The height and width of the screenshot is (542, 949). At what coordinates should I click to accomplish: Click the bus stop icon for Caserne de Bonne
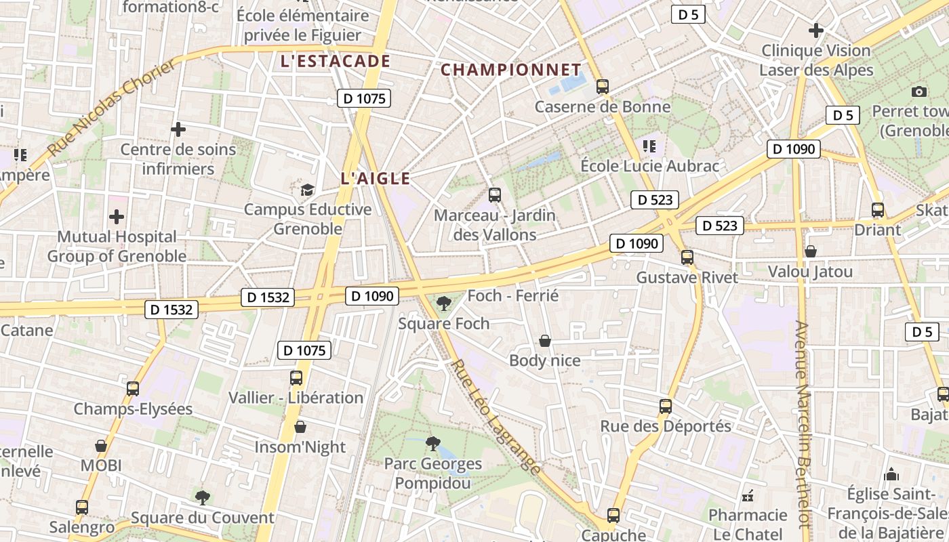point(602,87)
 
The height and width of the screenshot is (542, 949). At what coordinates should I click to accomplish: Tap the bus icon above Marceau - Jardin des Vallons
point(495,195)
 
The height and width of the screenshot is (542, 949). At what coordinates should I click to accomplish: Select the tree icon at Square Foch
point(444,303)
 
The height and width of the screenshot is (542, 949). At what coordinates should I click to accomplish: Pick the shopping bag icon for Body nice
point(545,340)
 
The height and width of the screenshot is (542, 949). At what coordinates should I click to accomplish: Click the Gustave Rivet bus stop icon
point(687,257)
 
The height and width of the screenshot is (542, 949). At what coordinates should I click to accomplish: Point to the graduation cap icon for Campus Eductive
point(308,190)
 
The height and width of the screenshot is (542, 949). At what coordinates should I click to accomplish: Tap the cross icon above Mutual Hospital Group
point(117,217)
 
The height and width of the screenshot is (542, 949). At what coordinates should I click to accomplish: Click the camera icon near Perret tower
point(919,91)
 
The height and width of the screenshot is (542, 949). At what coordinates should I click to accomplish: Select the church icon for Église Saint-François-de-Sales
point(892,474)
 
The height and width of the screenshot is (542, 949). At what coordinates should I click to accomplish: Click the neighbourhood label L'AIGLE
point(376,179)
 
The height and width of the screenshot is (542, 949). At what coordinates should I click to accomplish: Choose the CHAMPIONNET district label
point(511,70)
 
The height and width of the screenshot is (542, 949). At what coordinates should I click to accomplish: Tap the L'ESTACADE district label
point(336,62)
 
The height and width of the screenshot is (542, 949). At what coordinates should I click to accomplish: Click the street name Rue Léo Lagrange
point(497,417)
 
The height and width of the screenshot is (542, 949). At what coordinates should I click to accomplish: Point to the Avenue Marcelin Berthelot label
point(803,423)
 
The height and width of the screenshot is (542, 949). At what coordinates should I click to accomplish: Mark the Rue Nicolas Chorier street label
point(112,106)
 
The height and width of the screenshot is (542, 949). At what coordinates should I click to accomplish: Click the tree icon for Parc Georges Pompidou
point(432,444)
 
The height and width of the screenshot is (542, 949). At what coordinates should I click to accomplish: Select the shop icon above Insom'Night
point(300,427)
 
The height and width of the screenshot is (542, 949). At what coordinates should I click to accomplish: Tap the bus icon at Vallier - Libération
point(296,378)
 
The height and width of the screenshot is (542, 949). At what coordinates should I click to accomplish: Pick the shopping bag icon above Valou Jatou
point(811,251)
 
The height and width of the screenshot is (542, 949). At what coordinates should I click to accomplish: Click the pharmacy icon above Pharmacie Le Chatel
point(748,496)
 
